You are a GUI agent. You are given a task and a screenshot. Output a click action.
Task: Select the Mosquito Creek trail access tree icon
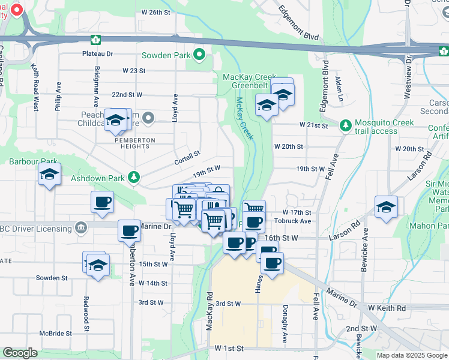point(345,125)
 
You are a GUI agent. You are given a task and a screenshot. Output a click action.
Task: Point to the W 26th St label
point(156,12)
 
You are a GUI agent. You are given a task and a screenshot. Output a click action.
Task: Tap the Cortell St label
point(187,157)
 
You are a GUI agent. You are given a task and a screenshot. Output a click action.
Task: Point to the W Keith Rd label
point(387,308)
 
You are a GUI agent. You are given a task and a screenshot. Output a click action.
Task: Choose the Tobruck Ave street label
point(297,221)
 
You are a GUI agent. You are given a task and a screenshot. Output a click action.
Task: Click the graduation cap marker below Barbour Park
point(49,175)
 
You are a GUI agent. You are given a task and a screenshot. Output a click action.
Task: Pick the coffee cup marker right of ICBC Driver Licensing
point(129,231)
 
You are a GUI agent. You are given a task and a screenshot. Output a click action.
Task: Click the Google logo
point(19,353)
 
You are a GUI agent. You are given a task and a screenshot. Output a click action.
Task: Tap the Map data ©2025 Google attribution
point(411,355)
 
